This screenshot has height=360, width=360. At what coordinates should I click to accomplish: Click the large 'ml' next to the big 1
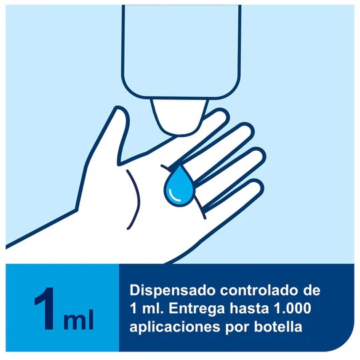[78, 319]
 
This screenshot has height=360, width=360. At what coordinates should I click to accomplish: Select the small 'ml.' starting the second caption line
[149, 309]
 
